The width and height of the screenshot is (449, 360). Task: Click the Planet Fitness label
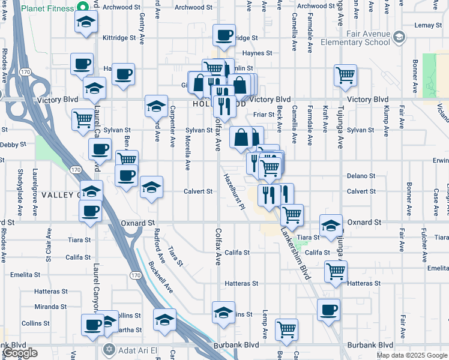coord(47,8)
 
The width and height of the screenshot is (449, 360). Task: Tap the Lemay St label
coord(427,25)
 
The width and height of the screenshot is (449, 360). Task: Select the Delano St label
coord(361,176)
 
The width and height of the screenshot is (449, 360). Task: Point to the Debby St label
coord(14,145)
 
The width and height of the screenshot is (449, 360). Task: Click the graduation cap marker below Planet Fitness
coord(86,23)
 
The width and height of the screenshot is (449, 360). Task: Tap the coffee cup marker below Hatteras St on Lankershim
coord(328,310)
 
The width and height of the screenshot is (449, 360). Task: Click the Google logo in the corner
coord(20,353)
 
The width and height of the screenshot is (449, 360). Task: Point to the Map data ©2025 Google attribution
coord(412,355)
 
